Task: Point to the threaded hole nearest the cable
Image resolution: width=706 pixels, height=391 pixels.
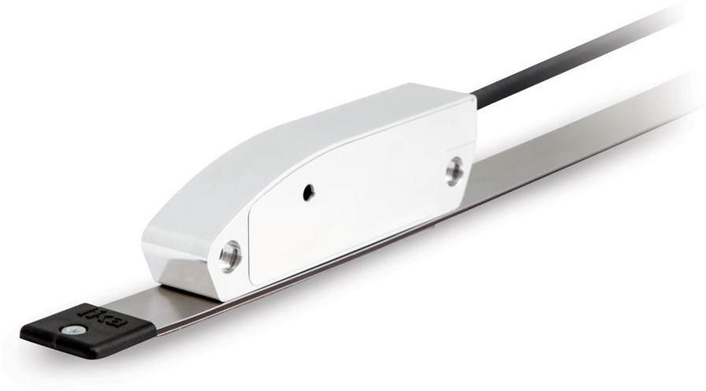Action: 454,170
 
